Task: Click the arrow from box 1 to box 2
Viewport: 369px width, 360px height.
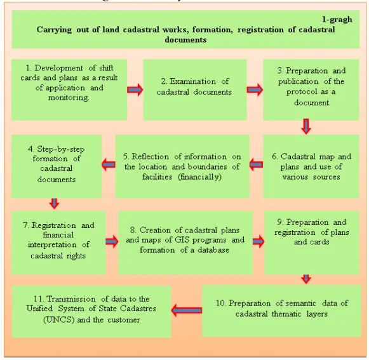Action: [135, 90]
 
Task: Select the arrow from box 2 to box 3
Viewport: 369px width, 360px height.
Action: [255, 90]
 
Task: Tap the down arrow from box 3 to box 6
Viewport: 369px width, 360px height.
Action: [306, 126]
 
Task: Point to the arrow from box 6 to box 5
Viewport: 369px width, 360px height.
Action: [256, 164]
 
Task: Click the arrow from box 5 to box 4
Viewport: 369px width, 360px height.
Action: [109, 164]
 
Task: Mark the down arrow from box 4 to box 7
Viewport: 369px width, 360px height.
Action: [55, 204]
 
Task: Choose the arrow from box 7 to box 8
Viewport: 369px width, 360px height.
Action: [112, 241]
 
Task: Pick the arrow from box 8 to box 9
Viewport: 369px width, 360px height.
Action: [258, 241]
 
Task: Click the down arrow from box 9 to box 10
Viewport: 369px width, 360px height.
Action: [306, 279]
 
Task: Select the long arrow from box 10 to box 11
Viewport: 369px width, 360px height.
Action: [186, 310]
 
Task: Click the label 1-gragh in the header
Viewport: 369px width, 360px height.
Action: [337, 19]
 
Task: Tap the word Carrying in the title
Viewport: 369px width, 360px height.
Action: [54, 30]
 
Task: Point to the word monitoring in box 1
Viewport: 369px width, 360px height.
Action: [69, 97]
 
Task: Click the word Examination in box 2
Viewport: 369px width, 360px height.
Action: [192, 81]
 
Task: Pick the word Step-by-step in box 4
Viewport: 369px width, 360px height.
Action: [61, 149]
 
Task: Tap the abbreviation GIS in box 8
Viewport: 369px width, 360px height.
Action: [182, 240]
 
